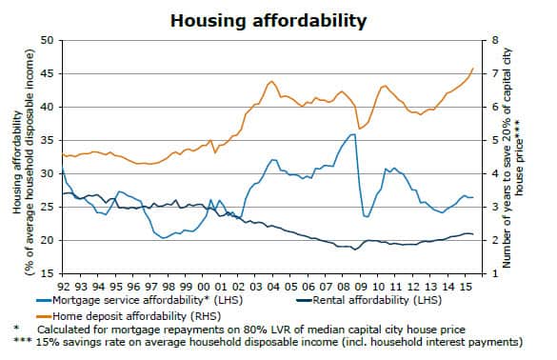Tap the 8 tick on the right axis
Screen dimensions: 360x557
(495, 40)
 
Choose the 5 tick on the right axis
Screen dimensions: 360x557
(495, 140)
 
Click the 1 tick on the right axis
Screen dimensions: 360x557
(495, 273)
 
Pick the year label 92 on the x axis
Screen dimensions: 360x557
(63, 285)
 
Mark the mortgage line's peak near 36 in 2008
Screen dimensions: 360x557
(353, 134)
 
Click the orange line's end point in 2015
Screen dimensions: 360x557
(474, 69)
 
